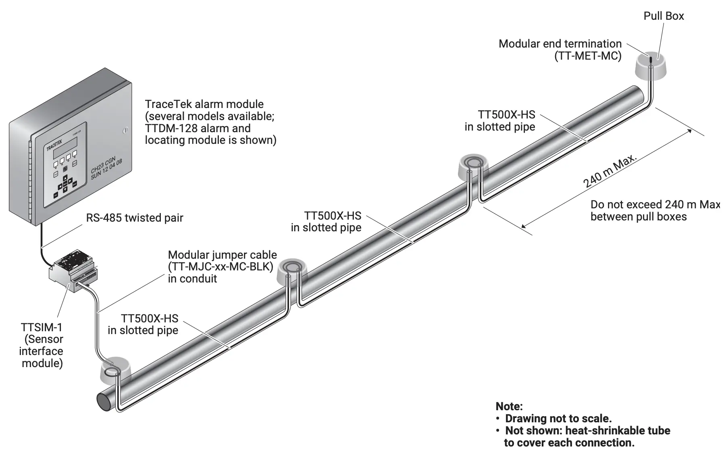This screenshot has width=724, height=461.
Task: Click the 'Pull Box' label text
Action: (664, 16)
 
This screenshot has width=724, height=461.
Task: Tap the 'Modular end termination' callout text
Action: (560, 44)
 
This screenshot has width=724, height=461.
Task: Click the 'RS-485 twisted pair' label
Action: (135, 218)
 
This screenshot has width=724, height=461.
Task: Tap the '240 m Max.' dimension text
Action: (610, 171)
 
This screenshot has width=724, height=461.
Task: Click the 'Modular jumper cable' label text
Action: (222, 255)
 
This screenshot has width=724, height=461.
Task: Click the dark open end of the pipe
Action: (104, 401)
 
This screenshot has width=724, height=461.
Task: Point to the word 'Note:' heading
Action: (509, 406)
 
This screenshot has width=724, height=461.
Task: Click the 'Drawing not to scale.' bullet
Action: (558, 418)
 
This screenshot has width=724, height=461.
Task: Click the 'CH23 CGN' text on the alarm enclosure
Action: (103, 165)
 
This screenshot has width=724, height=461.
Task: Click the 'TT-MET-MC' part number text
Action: (588, 56)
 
